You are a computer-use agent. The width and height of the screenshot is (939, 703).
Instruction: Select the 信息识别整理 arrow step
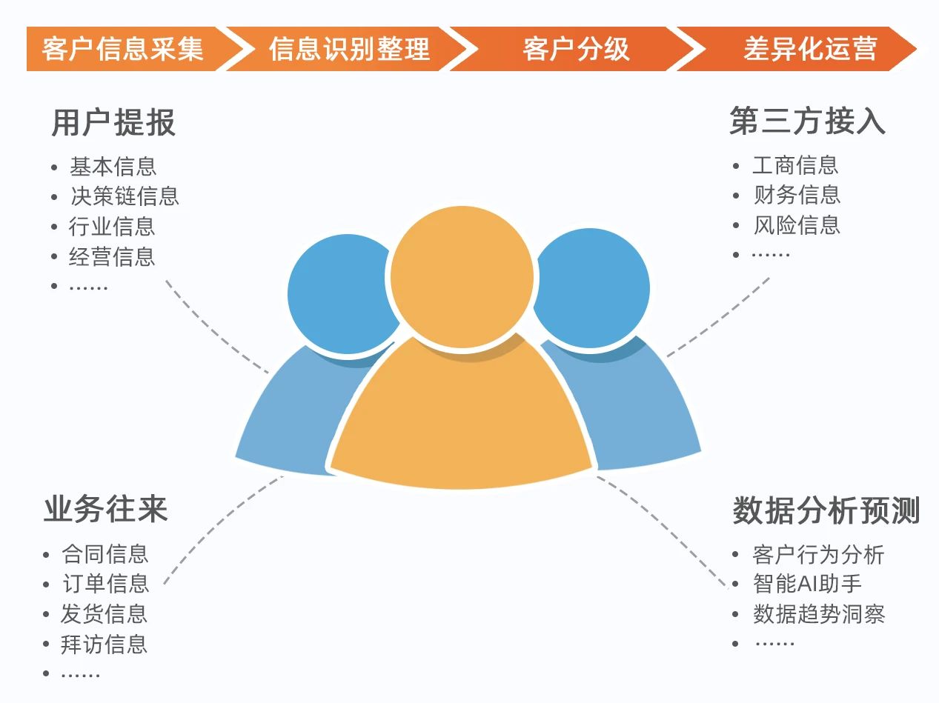(348, 49)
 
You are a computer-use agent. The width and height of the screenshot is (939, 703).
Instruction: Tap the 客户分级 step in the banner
(575, 49)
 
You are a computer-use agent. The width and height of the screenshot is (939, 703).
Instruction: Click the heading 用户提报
(113, 122)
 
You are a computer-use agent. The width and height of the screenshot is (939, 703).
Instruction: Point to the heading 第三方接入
(807, 121)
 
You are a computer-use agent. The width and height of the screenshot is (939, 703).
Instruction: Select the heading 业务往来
(105, 509)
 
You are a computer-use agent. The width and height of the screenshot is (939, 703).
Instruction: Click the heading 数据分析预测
(826, 510)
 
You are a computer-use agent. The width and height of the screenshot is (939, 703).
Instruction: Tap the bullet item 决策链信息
(125, 196)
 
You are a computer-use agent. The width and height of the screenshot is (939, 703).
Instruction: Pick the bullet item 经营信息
(112, 256)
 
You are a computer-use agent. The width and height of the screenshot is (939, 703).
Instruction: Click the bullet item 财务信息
(797, 195)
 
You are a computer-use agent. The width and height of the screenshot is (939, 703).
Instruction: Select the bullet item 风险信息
(797, 225)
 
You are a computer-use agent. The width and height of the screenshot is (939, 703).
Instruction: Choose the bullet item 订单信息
(106, 584)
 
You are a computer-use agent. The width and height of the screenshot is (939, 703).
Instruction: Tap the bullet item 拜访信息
(104, 644)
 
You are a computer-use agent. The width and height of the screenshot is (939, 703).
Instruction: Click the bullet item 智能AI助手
(807, 584)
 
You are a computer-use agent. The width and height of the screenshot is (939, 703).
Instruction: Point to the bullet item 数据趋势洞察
(819, 614)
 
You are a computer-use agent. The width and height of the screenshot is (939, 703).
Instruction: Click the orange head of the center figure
(462, 276)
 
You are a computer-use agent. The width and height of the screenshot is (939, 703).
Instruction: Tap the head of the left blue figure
(342, 294)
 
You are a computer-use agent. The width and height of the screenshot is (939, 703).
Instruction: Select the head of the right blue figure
(591, 287)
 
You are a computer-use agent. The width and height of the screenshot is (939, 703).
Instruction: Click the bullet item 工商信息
(795, 165)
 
